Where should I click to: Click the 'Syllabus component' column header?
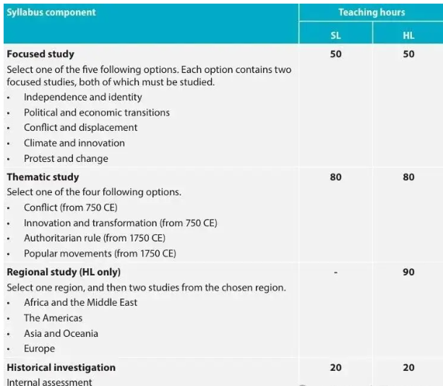(x=51, y=12)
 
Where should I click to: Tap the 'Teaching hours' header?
(x=371, y=12)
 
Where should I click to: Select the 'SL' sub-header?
(x=335, y=35)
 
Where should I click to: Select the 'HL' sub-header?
(x=408, y=35)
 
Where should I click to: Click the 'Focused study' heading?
(x=40, y=54)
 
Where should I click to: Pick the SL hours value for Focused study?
(x=335, y=54)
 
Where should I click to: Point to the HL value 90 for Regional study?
(x=408, y=272)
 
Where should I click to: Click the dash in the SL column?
(x=335, y=273)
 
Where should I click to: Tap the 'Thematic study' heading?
(x=43, y=177)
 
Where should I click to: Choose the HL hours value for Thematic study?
(x=408, y=177)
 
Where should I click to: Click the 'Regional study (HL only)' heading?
(x=64, y=272)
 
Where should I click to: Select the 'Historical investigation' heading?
(x=61, y=367)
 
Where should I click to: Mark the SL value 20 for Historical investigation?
(x=335, y=367)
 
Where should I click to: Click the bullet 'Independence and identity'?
(x=82, y=97)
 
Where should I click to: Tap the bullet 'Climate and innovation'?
(x=74, y=143)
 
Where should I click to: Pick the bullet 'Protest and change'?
(x=66, y=158)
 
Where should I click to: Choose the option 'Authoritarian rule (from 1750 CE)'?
(x=94, y=238)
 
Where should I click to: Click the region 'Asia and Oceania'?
(x=61, y=333)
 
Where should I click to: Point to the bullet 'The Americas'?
(x=53, y=318)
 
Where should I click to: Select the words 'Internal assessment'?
(x=49, y=382)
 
